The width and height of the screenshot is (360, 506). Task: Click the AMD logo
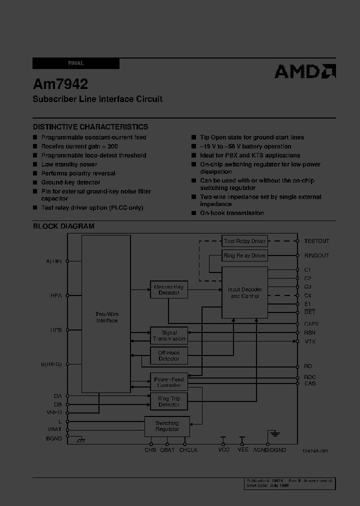304,71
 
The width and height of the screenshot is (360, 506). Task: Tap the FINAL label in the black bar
76,63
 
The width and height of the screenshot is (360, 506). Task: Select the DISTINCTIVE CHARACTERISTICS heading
90,127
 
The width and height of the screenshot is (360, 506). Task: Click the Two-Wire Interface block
106,317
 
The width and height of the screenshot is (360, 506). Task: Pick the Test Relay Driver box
244,241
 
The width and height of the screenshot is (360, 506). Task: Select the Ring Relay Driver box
244,255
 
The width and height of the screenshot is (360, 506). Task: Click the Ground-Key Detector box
169,289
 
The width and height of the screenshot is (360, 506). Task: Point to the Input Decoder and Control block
244,292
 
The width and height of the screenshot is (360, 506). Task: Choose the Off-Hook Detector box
169,355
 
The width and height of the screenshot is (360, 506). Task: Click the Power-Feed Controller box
169,382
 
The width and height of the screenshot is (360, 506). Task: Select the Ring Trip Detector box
169,401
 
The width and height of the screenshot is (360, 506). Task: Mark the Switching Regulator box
167,426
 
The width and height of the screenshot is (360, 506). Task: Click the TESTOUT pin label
317,241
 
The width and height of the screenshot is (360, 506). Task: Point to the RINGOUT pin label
317,255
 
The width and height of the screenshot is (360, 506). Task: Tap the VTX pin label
310,341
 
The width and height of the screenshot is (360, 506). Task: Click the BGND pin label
54,438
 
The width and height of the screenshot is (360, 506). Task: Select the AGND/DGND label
269,450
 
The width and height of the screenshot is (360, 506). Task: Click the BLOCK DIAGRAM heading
63,226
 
